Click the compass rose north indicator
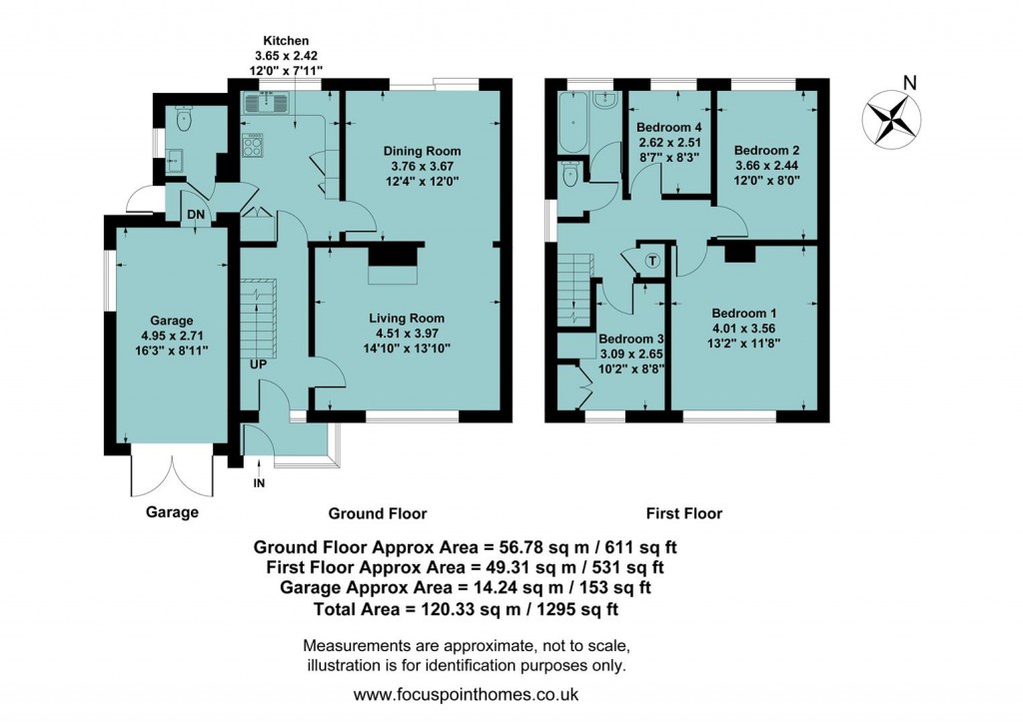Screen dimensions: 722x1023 tap(892, 115)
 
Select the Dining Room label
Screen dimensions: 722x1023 tap(423, 151)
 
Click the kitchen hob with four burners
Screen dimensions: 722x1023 tap(253, 146)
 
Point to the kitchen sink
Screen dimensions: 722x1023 tap(267, 100)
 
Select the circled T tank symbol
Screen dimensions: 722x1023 tap(652, 261)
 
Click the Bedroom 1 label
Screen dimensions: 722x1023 tap(740, 311)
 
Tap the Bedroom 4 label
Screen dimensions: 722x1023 tap(669, 128)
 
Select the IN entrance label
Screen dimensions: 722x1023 tap(260, 483)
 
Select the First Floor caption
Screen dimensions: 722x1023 tap(684, 513)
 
